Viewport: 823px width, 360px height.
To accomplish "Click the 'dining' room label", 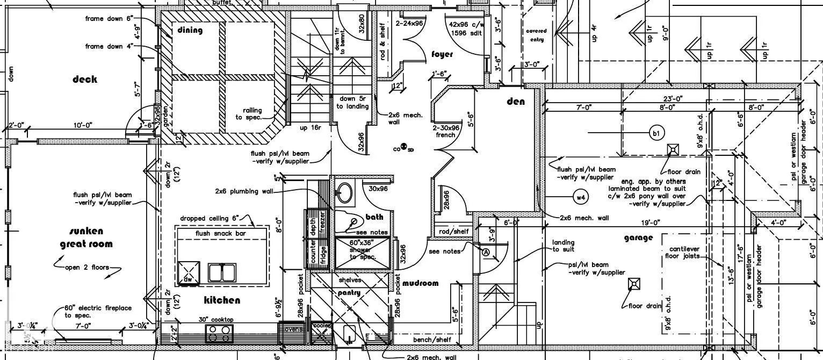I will [x=190, y=31].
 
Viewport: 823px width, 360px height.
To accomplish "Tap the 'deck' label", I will [x=85, y=80].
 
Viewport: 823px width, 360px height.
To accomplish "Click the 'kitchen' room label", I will [x=222, y=300].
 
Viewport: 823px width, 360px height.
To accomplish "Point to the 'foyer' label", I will [x=442, y=54].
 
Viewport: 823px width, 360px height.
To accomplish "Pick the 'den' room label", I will [x=516, y=102].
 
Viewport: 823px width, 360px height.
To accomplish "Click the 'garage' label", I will [x=638, y=237].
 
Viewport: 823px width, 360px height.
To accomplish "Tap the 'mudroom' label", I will [x=420, y=283].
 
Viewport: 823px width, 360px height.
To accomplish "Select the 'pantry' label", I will [x=349, y=293].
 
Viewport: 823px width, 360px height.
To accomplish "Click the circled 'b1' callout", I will [x=656, y=133].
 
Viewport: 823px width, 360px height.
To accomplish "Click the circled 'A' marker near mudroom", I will [x=486, y=252].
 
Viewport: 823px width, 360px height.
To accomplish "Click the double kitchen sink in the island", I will [x=222, y=272].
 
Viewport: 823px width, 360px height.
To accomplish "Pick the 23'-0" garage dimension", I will [x=673, y=98].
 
